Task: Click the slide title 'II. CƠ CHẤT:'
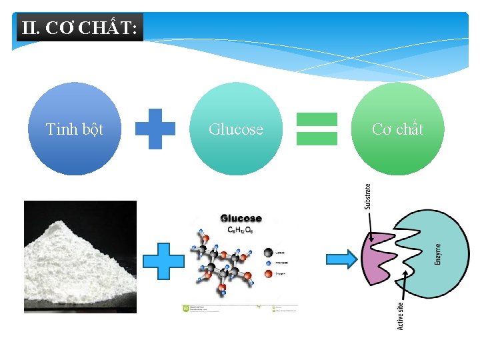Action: [x=79, y=29]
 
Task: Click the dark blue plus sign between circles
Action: [x=155, y=129]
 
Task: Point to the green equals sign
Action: [x=317, y=129]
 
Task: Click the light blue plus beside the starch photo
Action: [x=164, y=261]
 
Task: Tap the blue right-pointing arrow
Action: [x=341, y=259]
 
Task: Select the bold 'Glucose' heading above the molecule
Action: [x=241, y=218]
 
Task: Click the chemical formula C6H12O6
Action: [x=240, y=229]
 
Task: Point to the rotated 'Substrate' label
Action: [x=368, y=197]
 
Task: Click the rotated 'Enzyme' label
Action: [x=438, y=254]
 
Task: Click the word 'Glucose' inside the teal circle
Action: [x=236, y=129]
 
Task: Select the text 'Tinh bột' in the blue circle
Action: [x=75, y=129]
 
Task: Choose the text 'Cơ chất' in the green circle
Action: [x=397, y=129]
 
